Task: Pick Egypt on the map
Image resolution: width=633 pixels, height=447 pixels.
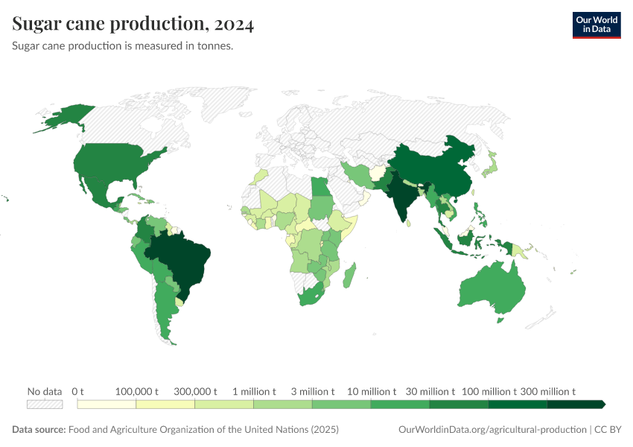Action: [319, 187]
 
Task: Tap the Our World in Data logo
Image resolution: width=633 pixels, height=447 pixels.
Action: [597, 25]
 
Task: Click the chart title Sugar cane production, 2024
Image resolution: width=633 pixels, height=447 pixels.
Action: [133, 25]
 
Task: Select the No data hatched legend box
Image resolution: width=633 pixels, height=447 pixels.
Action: [45, 405]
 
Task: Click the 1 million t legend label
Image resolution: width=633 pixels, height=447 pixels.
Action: [254, 391]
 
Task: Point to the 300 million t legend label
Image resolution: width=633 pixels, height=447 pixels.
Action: [547, 391]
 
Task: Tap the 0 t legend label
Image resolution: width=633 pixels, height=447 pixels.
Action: [78, 391]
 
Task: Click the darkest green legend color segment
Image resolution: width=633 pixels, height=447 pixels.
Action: [575, 405]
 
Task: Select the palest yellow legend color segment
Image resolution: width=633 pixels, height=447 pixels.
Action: [106, 405]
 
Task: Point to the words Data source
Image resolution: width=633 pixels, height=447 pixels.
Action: [38, 430]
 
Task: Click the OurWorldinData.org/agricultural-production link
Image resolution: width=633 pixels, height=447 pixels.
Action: [492, 430]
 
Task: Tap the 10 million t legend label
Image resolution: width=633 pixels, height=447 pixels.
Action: [371, 391]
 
